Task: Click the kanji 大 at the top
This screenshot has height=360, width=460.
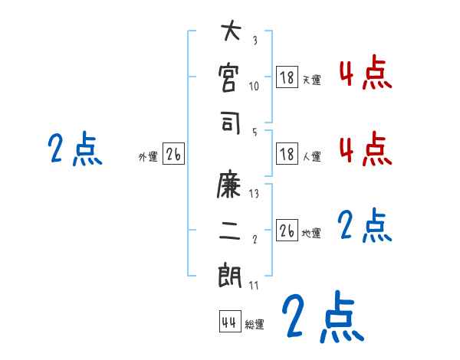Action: [x=230, y=34]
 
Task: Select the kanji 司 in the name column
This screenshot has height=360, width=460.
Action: [x=230, y=123]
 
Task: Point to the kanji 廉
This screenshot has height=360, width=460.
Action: [x=230, y=185]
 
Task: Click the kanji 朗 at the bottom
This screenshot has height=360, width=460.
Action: [x=230, y=275]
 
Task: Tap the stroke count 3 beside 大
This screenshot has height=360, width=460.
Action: [x=255, y=41]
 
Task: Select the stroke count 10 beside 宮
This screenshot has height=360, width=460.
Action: [x=255, y=86]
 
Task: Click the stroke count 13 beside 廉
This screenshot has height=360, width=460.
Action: [x=255, y=194]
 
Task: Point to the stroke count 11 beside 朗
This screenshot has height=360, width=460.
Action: [x=255, y=285]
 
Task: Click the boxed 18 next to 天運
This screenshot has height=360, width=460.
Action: [x=287, y=77]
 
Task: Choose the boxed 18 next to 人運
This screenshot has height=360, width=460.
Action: [x=287, y=153]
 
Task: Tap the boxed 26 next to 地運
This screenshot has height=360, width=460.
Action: [x=287, y=230]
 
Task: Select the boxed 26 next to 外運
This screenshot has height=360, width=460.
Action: [x=173, y=154]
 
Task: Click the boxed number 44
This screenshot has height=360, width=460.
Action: [x=228, y=322]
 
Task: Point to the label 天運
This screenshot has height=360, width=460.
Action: [x=311, y=80]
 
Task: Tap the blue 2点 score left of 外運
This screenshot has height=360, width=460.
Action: [x=74, y=149]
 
